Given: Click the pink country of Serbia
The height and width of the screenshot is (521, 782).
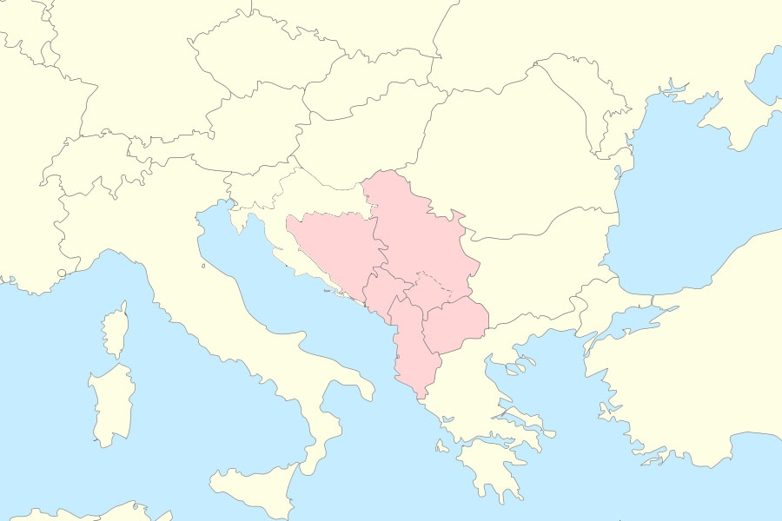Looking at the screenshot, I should click(417, 234).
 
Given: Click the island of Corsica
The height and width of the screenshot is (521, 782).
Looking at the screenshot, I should click(116, 330).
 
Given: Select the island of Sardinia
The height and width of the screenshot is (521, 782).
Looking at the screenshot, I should click(111, 404).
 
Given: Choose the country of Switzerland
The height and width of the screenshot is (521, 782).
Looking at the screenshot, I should click(87, 169).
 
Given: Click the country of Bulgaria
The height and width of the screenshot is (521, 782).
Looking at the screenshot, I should click(539, 260).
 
